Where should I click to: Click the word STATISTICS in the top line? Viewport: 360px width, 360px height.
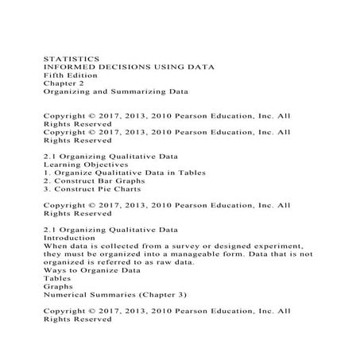click(71, 57)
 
